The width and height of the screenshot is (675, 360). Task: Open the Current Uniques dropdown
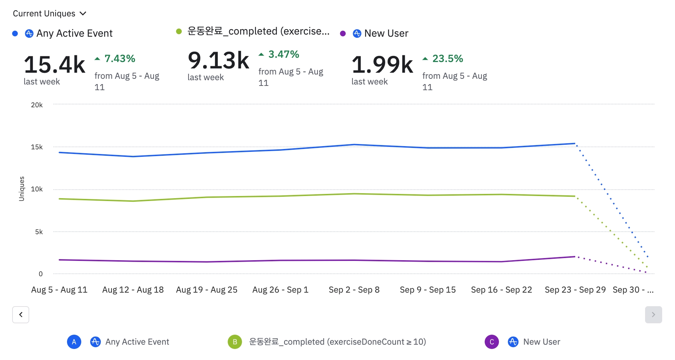[50, 14]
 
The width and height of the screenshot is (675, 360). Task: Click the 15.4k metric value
[55, 65]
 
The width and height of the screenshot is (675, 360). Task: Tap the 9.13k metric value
[218, 60]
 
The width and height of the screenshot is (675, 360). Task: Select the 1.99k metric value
[382, 65]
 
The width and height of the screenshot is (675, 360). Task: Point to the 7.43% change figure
[120, 58]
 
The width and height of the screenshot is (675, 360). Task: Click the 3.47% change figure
[284, 54]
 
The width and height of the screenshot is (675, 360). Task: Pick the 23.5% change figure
[448, 58]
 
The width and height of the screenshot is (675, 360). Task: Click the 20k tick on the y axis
[37, 105]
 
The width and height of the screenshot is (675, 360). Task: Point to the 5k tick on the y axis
[39, 232]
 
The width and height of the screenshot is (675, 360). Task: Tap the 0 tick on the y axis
[41, 274]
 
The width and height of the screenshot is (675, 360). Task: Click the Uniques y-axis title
[22, 189]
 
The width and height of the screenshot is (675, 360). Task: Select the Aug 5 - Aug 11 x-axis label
[59, 290]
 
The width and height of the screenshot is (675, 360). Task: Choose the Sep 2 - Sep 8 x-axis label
[354, 290]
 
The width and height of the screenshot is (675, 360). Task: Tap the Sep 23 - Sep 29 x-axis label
[575, 290]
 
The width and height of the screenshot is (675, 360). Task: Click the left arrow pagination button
[21, 315]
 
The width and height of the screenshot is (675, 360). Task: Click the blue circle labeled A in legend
[74, 342]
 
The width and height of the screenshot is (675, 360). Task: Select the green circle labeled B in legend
[235, 342]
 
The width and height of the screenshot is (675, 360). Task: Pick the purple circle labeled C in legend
[492, 342]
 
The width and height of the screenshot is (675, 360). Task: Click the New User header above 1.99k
[386, 33]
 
